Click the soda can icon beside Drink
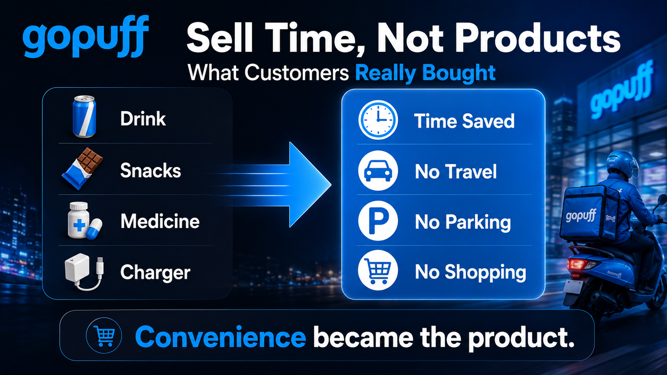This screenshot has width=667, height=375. (x=84, y=117)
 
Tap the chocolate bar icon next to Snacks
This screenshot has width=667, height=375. (x=82, y=169)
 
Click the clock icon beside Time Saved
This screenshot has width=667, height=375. (x=378, y=120)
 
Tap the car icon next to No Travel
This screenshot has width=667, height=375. (x=378, y=171)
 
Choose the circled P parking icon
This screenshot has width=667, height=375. (x=378, y=221)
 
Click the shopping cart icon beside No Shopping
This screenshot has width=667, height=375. (x=378, y=270)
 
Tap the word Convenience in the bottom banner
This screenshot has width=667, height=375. (x=220, y=337)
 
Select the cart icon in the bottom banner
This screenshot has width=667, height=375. (x=104, y=336)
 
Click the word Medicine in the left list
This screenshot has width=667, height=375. (x=160, y=221)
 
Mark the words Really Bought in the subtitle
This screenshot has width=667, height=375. (x=426, y=73)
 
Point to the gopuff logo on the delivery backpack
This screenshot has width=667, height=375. (x=581, y=215)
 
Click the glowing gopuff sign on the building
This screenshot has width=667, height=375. (x=621, y=90)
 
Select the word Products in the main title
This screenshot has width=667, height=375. (x=537, y=39)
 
